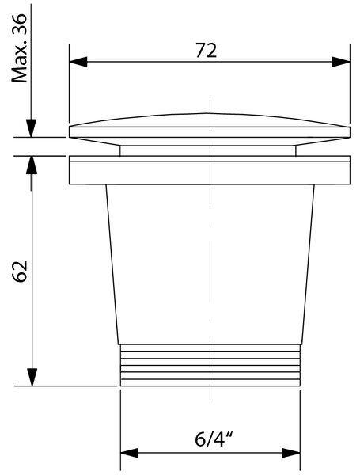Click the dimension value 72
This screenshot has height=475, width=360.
[x=206, y=51]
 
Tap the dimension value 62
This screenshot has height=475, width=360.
[x=19, y=271]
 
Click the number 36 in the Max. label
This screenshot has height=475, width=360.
[x=19, y=25]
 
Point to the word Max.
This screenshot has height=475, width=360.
[x=19, y=63]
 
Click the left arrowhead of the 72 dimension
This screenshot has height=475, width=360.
[x=78, y=62]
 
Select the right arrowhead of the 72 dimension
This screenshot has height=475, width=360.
[x=341, y=62]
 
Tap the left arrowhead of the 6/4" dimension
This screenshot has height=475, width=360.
[x=130, y=453]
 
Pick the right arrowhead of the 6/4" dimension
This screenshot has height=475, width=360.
[x=291, y=453]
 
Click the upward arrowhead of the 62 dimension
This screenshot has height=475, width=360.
[x=32, y=165]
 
